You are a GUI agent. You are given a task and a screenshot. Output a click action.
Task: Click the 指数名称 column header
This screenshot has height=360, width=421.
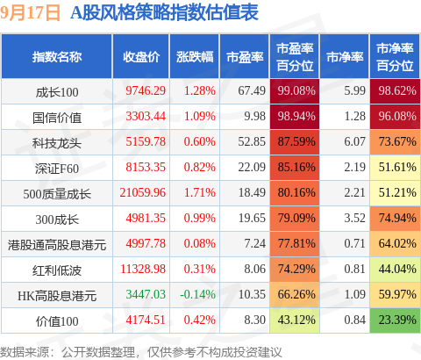coord(57,57)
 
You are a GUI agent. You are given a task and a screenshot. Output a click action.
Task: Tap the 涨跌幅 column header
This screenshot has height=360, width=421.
coord(195,57)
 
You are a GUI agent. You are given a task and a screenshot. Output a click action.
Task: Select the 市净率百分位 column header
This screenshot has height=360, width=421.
coord(395,57)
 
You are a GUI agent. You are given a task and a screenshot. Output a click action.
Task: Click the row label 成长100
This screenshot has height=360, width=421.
coord(57,92)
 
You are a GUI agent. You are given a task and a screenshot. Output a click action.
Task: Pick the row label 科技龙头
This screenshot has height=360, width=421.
coord(57,143)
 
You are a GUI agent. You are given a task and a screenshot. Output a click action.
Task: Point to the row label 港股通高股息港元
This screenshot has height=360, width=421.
coord(57,245)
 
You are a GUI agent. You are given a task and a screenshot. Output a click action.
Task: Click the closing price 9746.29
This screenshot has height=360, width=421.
coord(146,90)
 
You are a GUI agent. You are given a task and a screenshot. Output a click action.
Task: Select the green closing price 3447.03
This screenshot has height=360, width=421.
coord(146,294)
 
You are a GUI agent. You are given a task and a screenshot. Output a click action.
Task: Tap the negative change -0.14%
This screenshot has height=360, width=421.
coord(198,294)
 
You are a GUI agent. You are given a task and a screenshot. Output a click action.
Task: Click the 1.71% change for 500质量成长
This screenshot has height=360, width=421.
coord(200,192)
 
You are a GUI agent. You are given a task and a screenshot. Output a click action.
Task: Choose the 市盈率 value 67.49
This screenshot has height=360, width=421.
coord(252,90)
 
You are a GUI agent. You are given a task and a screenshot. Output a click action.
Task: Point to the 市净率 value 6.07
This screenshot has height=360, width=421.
coord(354,141)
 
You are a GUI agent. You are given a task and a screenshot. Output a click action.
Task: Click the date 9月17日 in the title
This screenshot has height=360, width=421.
coord(30,13)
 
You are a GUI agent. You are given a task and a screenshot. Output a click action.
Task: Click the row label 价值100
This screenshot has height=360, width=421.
coord(57,321)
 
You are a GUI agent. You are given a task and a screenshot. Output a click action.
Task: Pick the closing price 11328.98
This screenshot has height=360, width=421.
coord(143,269)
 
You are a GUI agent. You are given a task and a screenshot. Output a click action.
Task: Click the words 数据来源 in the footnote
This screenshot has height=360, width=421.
coord(25,352)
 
